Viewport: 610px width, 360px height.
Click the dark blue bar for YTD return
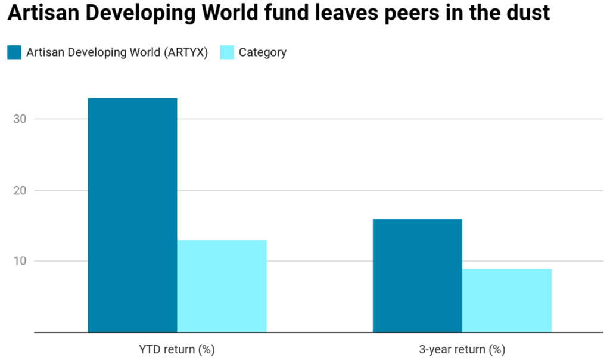pyautogui.click(x=132, y=215)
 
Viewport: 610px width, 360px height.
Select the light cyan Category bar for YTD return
pyautogui.click(x=222, y=285)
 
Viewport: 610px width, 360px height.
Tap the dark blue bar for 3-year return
pyautogui.click(x=417, y=275)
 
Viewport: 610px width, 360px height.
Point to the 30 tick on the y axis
pyautogui.click(x=21, y=119)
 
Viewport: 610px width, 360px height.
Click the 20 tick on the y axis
pyautogui.click(x=21, y=190)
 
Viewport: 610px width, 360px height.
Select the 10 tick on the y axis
pyautogui.click(x=21, y=261)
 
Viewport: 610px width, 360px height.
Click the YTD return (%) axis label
pyautogui.click(x=176, y=349)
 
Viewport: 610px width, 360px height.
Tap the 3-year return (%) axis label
pyautogui.click(x=462, y=349)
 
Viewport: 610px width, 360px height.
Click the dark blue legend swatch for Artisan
pyautogui.click(x=14, y=52)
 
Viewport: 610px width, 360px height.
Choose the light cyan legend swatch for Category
pyautogui.click(x=227, y=52)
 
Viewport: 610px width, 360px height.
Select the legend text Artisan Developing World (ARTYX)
pyautogui.click(x=117, y=52)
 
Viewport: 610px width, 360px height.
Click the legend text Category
pyautogui.click(x=263, y=52)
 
